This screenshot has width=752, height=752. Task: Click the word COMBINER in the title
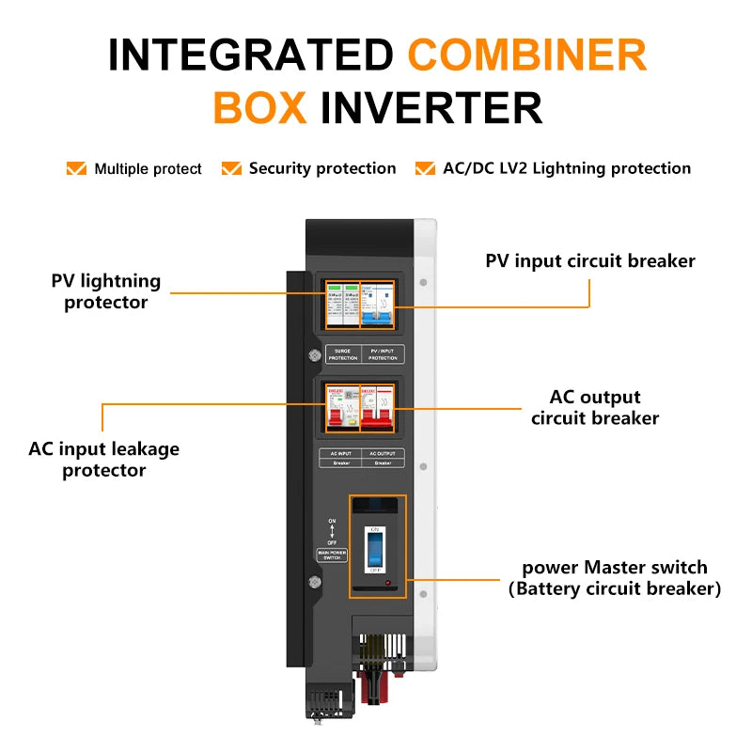527,55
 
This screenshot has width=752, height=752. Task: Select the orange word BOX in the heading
260,107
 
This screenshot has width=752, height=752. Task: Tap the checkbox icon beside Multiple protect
76,169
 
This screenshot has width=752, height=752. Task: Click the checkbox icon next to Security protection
231,169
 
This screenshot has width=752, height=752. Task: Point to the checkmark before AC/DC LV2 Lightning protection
425,169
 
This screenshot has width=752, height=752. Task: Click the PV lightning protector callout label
105,291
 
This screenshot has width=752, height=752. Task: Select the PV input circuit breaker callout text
590,260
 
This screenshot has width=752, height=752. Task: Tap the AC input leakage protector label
103,460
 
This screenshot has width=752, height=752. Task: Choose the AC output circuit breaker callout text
595,407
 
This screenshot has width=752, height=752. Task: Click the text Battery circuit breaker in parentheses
615,589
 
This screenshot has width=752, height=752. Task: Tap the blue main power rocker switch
374,550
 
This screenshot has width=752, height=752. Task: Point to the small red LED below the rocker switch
388,585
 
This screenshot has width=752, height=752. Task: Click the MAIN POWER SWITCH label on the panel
332,554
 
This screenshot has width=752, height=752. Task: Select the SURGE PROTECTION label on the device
342,354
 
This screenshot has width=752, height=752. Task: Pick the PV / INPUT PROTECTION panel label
384,354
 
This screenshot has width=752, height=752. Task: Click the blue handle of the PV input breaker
383,321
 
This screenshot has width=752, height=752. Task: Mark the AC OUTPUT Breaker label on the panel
384,458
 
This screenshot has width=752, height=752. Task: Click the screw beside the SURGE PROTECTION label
313,356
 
